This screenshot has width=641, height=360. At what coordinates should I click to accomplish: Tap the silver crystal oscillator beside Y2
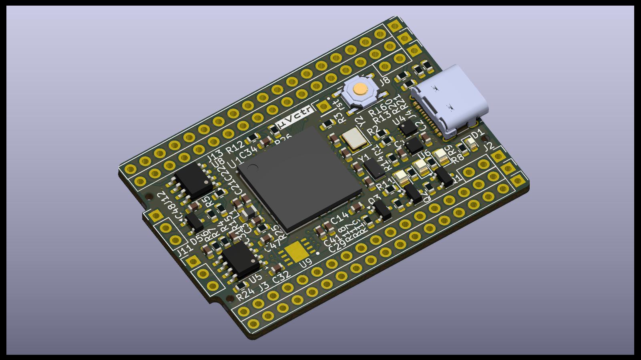[354, 139]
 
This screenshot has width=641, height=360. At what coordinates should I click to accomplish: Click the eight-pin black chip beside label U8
[194, 180]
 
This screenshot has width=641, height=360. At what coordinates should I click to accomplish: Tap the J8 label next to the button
[385, 80]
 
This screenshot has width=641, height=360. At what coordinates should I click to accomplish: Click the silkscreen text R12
[235, 147]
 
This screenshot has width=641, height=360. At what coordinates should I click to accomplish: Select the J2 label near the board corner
[489, 147]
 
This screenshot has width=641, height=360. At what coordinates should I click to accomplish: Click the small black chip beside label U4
[408, 128]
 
